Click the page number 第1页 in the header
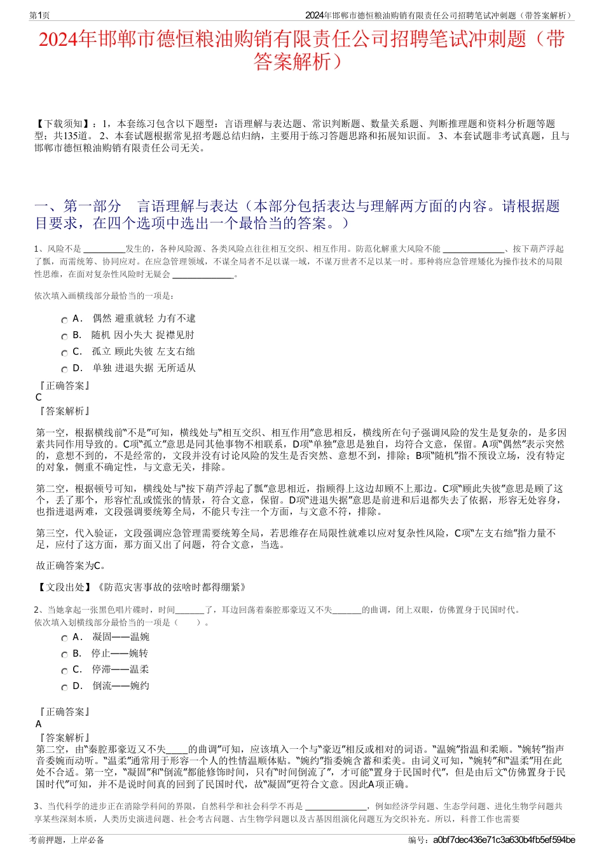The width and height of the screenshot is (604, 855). point(39,15)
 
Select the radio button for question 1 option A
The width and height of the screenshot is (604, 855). point(64,320)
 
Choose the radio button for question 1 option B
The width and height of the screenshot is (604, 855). point(64,337)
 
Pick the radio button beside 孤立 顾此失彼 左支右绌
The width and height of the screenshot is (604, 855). point(64,353)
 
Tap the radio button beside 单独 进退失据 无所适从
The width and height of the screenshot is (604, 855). point(64,370)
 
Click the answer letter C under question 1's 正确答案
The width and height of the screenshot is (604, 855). point(39,397)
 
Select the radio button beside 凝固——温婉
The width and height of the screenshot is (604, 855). point(64,638)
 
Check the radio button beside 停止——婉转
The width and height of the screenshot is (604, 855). point(64,655)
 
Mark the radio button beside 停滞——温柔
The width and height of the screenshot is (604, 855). point(64,671)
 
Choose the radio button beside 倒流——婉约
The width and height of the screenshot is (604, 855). point(64,688)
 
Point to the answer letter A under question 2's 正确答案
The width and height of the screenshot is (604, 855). point(39,724)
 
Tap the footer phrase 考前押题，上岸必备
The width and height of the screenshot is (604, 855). point(67,840)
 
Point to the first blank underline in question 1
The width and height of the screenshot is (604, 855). point(104,249)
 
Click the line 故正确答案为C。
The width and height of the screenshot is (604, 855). point(71,565)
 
